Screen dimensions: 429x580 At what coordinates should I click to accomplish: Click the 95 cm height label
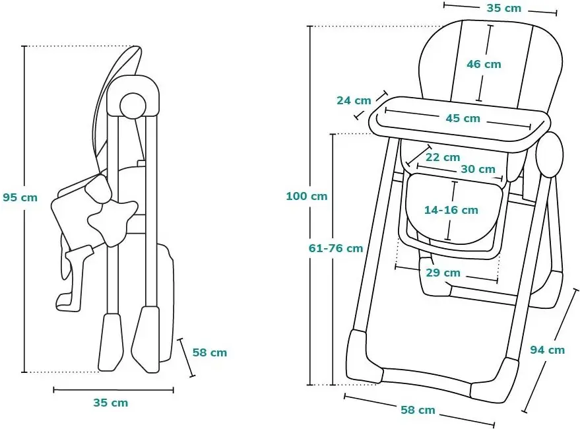(x=20, y=197)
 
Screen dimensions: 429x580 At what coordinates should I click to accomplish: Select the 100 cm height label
(x=306, y=196)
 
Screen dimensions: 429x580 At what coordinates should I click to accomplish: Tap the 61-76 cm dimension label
(x=336, y=248)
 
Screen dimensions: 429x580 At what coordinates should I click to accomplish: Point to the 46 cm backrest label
(x=484, y=64)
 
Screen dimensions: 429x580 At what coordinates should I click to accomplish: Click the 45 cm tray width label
(x=463, y=119)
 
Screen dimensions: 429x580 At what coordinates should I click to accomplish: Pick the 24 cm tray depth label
(x=354, y=100)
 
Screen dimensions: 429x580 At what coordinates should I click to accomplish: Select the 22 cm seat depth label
(x=442, y=157)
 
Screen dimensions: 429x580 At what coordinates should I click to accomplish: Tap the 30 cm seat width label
(x=478, y=169)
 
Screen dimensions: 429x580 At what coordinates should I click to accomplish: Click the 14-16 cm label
(x=451, y=210)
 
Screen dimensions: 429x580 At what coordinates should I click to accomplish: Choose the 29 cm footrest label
(x=443, y=273)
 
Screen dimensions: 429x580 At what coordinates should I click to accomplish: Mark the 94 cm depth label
(x=547, y=350)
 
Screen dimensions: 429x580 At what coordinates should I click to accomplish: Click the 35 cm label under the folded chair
(x=110, y=403)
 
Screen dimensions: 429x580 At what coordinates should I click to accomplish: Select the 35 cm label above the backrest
(x=503, y=8)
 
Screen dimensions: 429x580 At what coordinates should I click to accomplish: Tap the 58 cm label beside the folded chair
(x=210, y=352)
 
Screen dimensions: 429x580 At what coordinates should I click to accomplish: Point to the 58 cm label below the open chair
(x=418, y=410)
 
